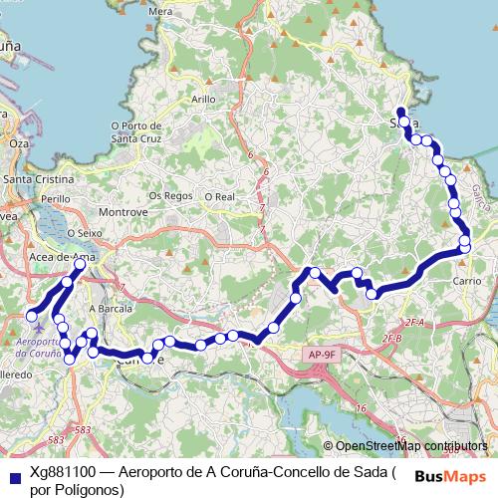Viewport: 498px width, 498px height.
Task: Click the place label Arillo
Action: click(203, 100)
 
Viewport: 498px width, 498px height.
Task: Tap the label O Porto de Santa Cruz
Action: click(136, 131)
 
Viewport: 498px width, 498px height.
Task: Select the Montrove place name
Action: click(124, 212)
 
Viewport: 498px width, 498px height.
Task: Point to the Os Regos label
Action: click(169, 196)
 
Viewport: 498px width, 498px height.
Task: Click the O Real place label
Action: click(219, 197)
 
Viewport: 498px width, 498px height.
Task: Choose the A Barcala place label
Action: click(111, 309)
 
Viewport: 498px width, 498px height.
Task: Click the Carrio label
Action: click(468, 282)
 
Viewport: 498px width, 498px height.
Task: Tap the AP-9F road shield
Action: click(322, 354)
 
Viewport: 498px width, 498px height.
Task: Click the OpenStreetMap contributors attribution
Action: click(411, 445)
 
